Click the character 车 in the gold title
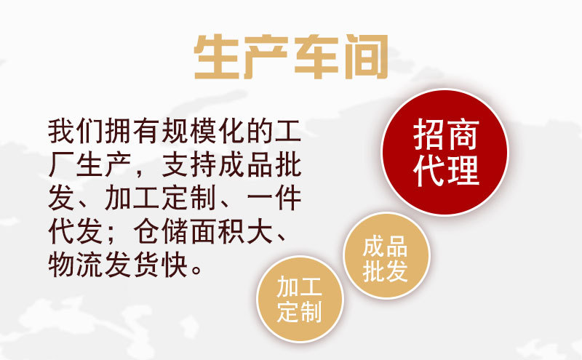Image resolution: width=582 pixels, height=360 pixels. [316, 57]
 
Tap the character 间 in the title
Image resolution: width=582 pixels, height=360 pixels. [366, 57]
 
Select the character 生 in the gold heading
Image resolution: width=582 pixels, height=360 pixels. [217, 57]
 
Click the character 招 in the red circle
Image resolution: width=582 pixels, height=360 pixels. [429, 135]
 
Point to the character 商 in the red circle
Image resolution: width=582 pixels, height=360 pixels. [463, 135]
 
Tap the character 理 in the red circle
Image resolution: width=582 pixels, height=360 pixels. [463, 171]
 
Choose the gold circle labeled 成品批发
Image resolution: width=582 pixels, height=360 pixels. [386, 256]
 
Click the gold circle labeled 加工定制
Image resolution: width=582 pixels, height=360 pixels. [300, 299]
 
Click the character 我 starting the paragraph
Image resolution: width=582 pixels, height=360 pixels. [61, 132]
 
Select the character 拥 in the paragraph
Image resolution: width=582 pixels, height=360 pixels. [119, 132]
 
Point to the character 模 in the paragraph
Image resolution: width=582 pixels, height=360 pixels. [203, 132]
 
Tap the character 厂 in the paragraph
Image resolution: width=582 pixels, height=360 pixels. [61, 165]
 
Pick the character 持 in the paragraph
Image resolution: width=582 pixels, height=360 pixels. [203, 165]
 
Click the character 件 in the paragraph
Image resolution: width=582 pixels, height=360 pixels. [288, 199]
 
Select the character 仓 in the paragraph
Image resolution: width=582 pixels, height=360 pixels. [147, 231]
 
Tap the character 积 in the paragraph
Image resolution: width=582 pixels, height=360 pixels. [231, 231]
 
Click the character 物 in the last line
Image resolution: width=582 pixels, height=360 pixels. [61, 265]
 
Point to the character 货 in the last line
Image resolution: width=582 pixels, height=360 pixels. [147, 265]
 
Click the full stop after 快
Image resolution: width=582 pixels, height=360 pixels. [197, 271]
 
